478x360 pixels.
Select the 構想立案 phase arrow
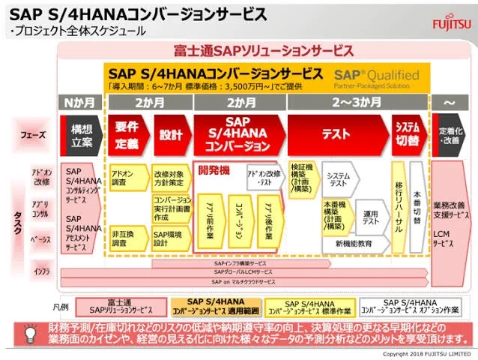click(x=80, y=135)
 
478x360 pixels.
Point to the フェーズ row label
click(x=36, y=135)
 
